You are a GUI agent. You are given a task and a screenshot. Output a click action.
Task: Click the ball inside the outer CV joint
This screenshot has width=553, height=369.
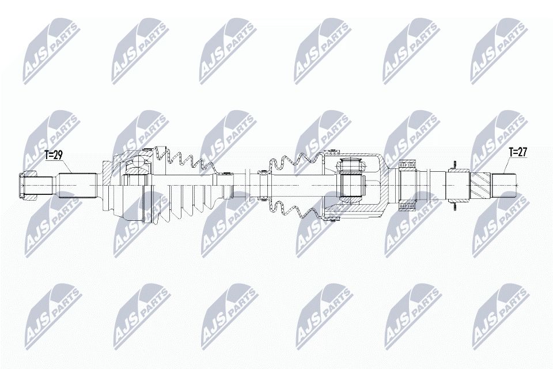(x=137, y=167)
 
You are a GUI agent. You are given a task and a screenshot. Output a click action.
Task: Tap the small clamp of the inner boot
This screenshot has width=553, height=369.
(x=263, y=171)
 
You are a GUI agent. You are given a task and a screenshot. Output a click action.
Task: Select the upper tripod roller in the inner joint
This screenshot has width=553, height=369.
(x=351, y=166)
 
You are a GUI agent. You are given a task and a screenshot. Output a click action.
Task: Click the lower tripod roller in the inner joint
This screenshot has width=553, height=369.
(x=351, y=186)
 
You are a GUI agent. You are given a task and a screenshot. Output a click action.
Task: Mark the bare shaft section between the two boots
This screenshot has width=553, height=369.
(x=242, y=185)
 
